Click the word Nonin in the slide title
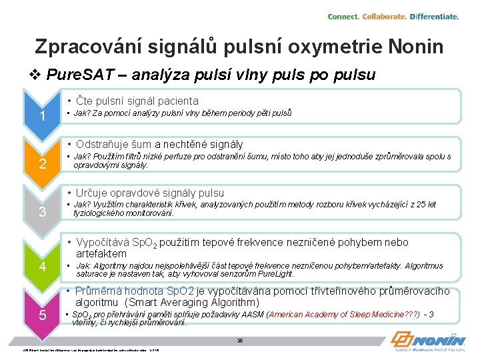tap(413, 47)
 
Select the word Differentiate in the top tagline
tap(434, 16)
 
